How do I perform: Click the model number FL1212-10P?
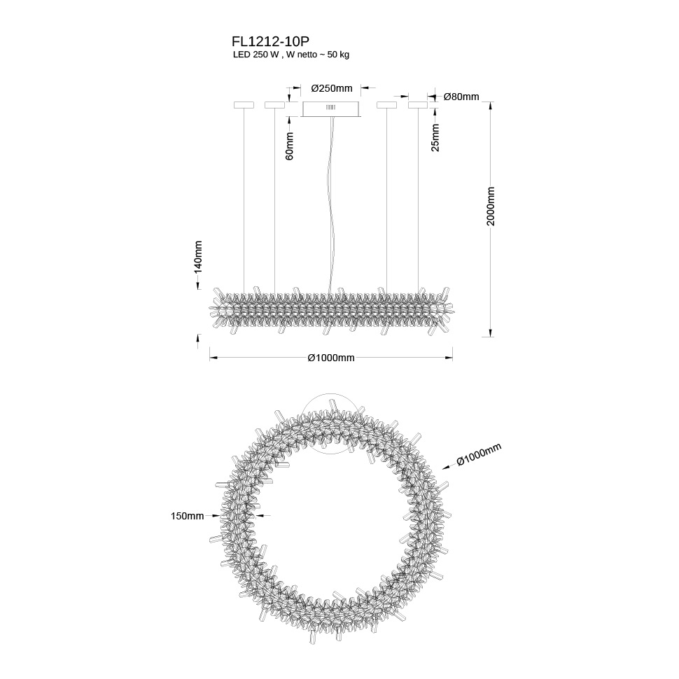coord(271,41)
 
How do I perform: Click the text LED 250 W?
coord(255,55)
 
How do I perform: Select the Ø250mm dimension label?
coord(332,88)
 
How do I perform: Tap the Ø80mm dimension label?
coord(461,97)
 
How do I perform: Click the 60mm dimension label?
coord(290,146)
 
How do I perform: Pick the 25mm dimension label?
coord(435,138)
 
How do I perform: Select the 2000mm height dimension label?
coord(490,206)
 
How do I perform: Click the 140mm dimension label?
coord(197,256)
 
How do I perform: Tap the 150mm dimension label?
coord(187,516)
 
